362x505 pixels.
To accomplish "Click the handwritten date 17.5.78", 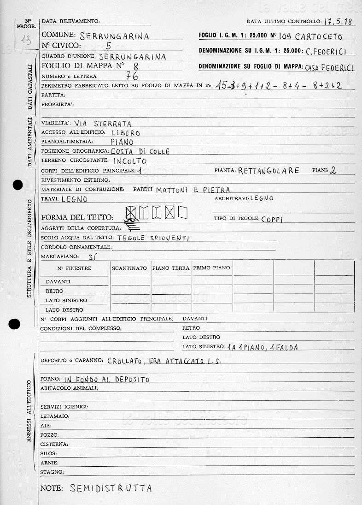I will coord(339,21).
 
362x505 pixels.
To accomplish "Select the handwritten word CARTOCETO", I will coord(319,36).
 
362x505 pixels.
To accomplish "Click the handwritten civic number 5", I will coord(108,45).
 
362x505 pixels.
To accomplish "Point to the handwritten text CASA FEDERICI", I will coord(330,68).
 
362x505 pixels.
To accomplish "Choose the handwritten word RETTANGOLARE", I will coord(269,171).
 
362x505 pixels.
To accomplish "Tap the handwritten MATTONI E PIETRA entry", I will coord(193,190).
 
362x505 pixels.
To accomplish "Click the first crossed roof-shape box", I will coord(131,213).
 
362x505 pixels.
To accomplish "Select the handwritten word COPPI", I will coord(272,220).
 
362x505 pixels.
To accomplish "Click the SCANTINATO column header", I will coord(129,268).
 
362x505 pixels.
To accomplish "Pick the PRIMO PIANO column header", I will coord(212,268).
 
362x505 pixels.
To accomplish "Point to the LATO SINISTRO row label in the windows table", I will coord(66,301).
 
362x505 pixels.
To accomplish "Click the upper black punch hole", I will coord(18,185).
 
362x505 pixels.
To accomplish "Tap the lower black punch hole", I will coord(15,324).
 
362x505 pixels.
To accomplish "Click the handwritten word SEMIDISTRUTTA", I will coord(111,488).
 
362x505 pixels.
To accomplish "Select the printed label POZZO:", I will coord(50,435).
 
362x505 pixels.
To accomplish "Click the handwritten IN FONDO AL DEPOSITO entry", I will coord(107,380).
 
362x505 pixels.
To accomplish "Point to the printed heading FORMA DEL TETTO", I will coord(77,217).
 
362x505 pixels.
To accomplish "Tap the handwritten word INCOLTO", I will coord(130,161).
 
